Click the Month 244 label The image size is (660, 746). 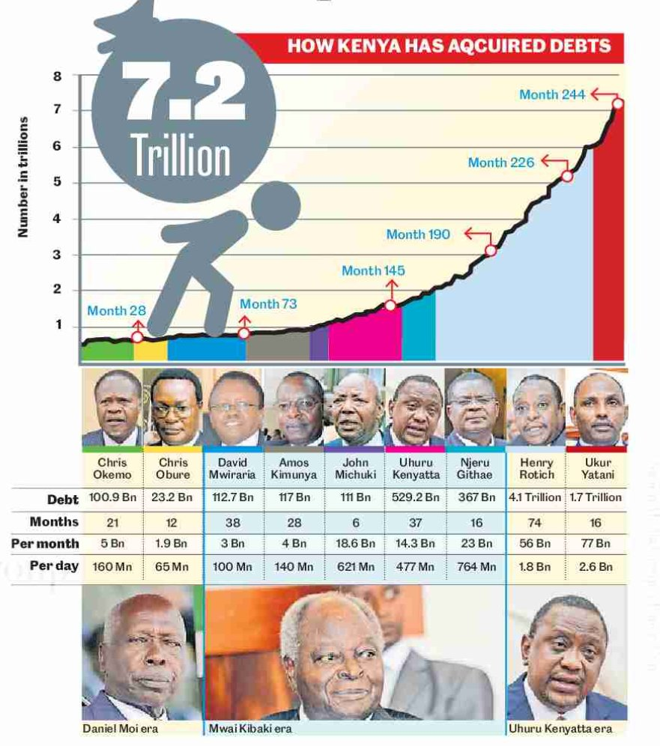[553, 94]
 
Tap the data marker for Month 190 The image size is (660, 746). [491, 250]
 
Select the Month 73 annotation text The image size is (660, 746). [268, 304]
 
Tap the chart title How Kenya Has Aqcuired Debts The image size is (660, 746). [449, 46]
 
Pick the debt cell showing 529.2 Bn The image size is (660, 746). [415, 498]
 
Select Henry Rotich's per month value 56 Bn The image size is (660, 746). [536, 544]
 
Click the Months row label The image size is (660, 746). [54, 521]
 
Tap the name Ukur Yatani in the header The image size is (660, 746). [598, 469]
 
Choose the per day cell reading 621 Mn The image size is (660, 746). [355, 567]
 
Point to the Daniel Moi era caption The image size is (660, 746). [121, 728]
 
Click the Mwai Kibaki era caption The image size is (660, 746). [250, 728]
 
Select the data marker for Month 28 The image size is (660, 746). [137, 337]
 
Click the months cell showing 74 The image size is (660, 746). [536, 522]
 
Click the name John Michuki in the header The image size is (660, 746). [355, 469]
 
